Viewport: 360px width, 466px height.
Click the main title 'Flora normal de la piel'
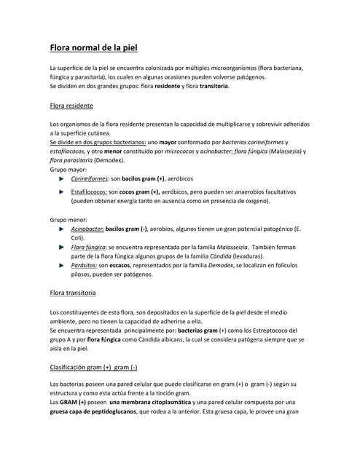(x=93, y=48)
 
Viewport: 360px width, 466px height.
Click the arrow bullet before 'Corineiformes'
(x=62, y=178)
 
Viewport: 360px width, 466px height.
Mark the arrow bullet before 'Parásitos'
(x=62, y=266)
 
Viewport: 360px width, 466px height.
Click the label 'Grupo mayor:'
(x=68, y=168)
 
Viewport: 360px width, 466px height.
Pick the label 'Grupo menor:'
(x=69, y=219)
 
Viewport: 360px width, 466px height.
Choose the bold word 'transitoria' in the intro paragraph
(x=214, y=86)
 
